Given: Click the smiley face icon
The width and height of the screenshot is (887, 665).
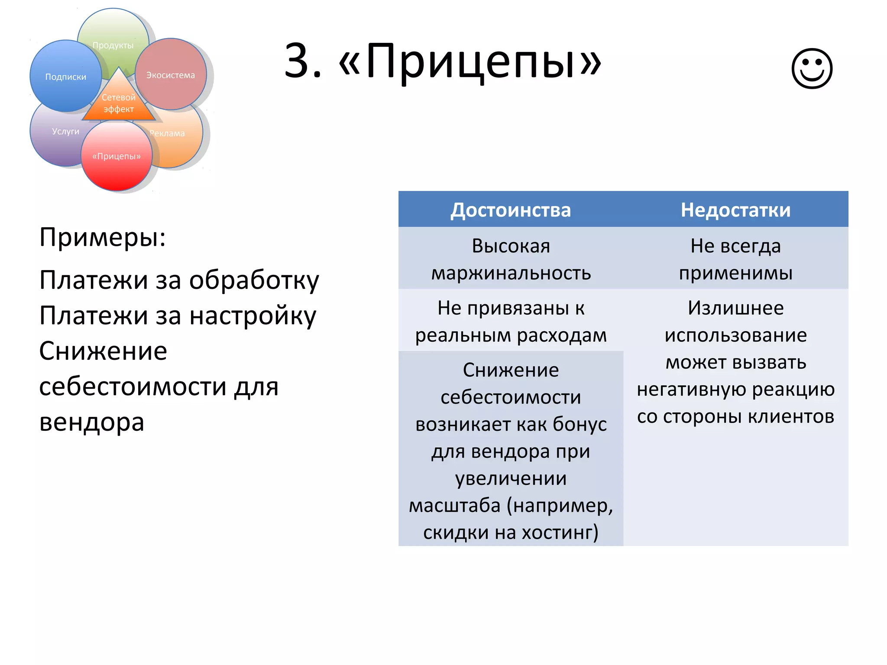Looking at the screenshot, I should point(812,68).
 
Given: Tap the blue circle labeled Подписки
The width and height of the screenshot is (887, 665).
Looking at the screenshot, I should point(65,76).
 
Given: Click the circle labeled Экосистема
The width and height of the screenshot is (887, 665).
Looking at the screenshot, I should point(171,74).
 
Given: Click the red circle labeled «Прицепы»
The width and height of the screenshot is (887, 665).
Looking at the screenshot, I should point(117,156).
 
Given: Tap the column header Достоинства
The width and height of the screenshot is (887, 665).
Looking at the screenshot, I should point(511,210).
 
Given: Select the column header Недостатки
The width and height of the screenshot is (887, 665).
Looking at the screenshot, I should point(735,210).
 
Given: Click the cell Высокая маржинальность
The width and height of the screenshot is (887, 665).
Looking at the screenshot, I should point(511,259).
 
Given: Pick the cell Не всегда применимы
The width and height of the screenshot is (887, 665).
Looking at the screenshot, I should point(735,259).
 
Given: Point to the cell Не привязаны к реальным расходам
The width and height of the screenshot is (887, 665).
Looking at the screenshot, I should point(511,321).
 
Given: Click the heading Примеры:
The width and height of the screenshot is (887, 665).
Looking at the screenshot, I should point(103,237).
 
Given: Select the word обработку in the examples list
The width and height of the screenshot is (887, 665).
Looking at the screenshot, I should point(254,280).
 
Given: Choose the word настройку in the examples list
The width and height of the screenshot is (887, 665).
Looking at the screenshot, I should point(253,316).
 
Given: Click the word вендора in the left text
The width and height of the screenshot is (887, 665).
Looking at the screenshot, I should point(92,422).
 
